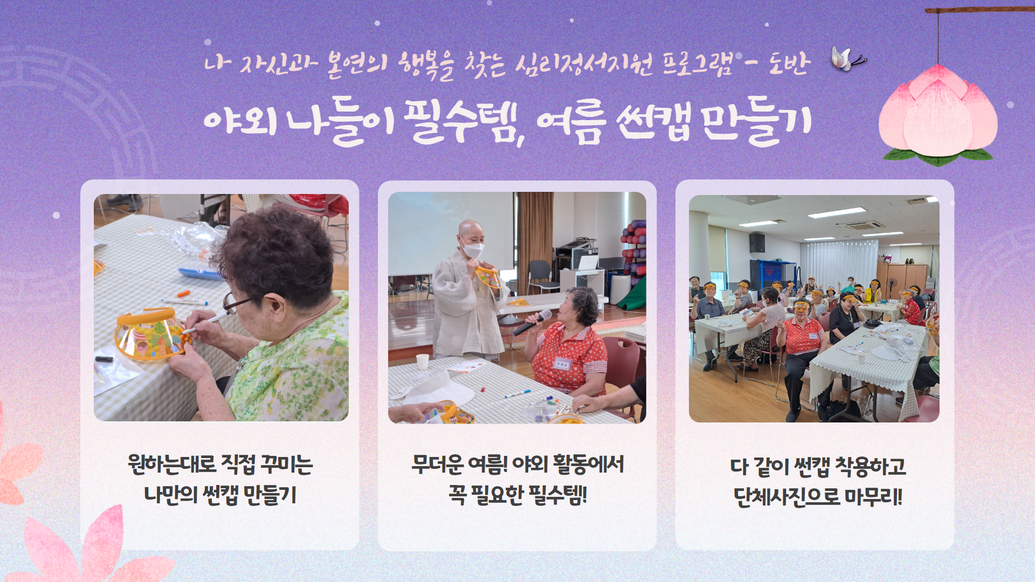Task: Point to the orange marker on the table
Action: (x=184, y=294)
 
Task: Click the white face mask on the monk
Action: (x=473, y=250)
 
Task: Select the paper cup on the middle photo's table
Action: (x=423, y=361)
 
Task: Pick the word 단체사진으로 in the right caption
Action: (x=787, y=497)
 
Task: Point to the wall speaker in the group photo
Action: (x=757, y=242)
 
